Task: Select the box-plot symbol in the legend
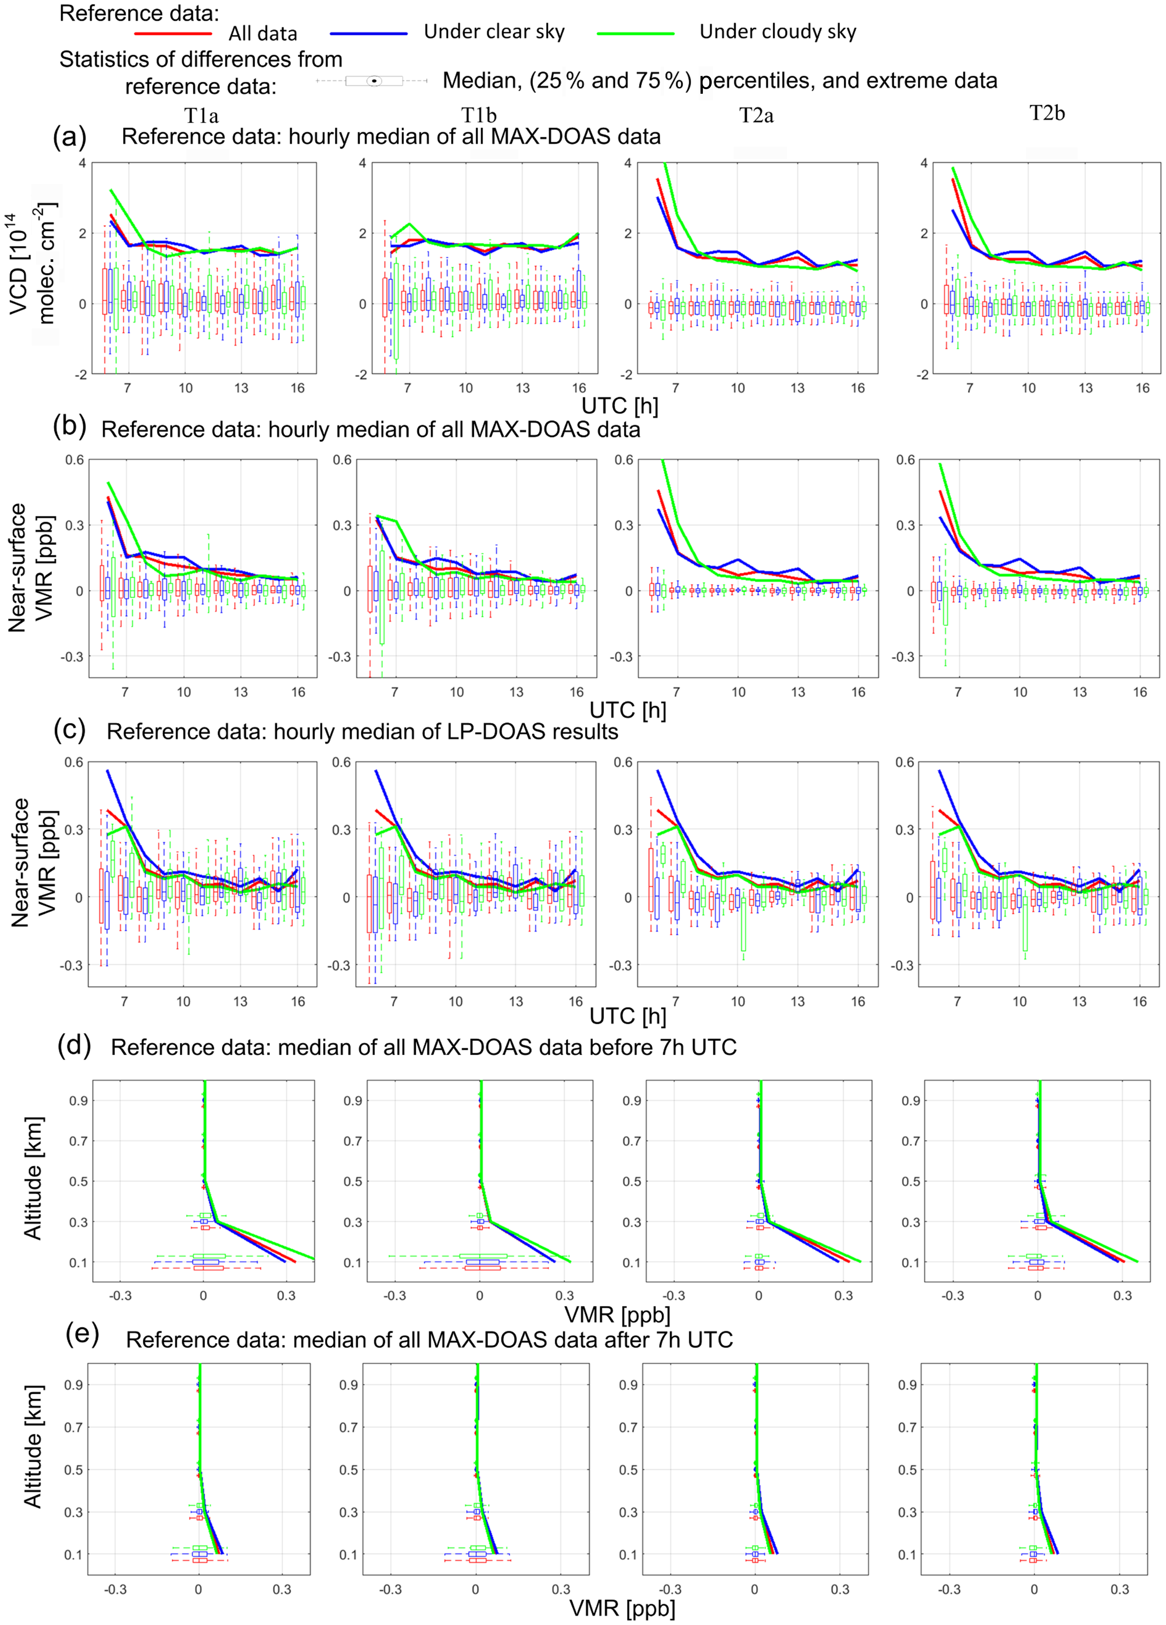point(373,81)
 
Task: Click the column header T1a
point(201,115)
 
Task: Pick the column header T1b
point(479,115)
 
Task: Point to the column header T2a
point(756,115)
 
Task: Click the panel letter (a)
point(70,136)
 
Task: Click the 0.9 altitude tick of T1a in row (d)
point(78,1101)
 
